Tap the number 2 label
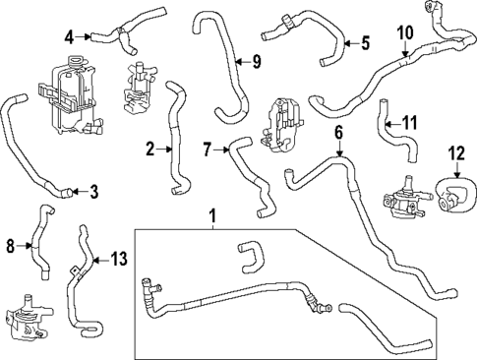(150, 150)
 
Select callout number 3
(93, 191)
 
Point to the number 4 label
(70, 38)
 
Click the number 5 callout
(365, 42)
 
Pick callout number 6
(338, 132)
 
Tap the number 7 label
(208, 150)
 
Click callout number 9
(256, 63)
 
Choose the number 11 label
(412, 124)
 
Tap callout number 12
(454, 152)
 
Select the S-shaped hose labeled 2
(178, 138)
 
